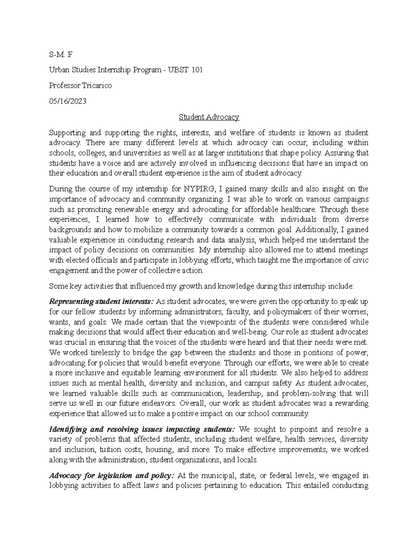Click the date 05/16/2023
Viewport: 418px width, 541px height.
[x=68, y=101]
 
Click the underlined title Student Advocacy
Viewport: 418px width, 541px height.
[x=209, y=117]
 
